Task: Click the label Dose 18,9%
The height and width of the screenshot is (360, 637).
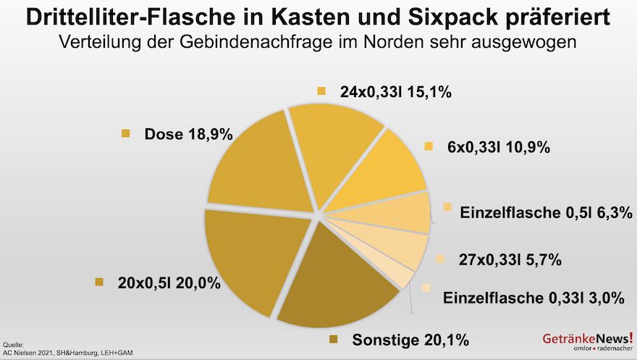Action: click(x=187, y=134)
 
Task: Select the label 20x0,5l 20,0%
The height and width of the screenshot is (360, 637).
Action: click(x=168, y=283)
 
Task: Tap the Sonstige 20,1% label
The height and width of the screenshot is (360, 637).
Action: click(x=410, y=339)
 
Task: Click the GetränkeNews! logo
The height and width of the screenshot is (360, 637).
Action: click(x=587, y=339)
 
